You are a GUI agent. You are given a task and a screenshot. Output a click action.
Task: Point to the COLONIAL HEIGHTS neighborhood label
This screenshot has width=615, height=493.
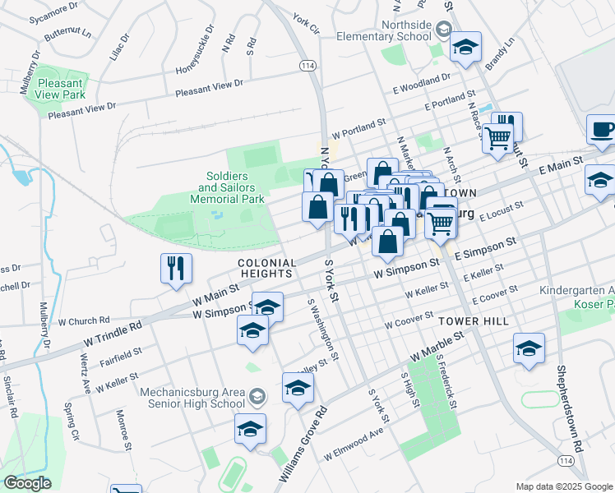[x=266, y=267]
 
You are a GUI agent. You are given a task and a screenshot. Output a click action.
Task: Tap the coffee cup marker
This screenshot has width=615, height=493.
[x=603, y=130]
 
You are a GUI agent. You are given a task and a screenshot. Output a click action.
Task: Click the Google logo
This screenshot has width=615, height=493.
[x=27, y=483]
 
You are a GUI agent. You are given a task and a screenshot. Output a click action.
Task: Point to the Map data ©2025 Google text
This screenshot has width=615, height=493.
[x=563, y=486]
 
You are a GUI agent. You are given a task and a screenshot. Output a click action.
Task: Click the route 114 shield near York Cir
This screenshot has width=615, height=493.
[x=307, y=65]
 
